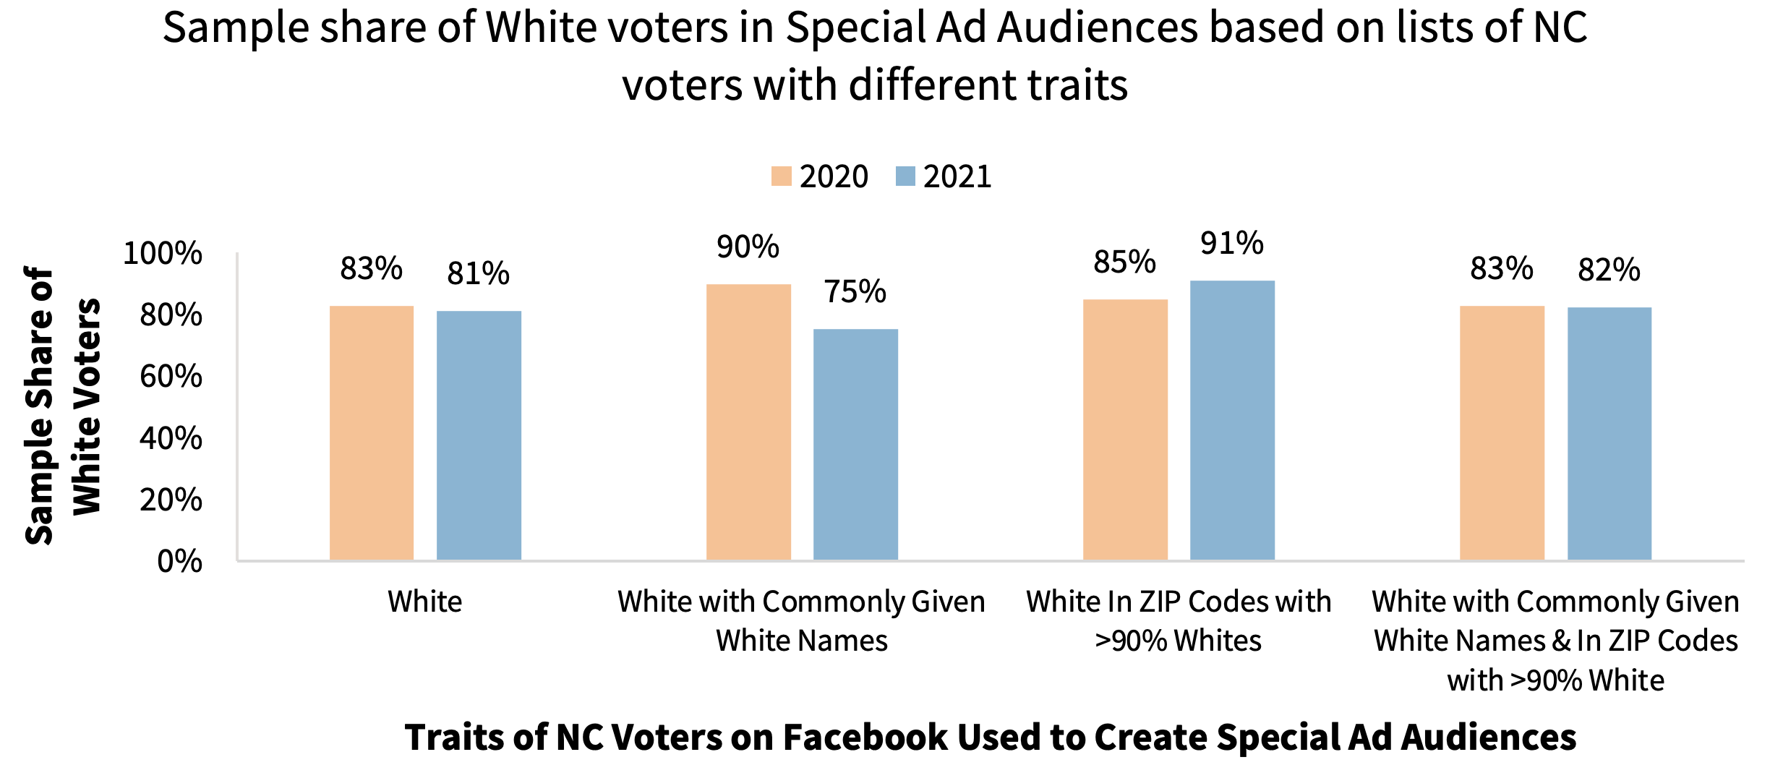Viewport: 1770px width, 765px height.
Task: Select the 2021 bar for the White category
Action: click(x=479, y=435)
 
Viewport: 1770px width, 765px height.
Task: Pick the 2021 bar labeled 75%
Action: click(x=855, y=444)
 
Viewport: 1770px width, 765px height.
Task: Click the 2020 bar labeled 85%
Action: click(x=1125, y=429)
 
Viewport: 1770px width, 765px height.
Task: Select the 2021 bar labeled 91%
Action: click(x=1232, y=420)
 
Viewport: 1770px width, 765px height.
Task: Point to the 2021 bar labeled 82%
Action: click(x=1609, y=433)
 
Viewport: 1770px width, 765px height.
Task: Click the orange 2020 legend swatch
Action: click(x=781, y=176)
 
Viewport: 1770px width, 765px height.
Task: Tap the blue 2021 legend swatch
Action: click(x=905, y=176)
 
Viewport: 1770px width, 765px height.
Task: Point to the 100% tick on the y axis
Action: click(x=163, y=253)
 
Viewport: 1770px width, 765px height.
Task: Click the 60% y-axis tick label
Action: click(x=171, y=376)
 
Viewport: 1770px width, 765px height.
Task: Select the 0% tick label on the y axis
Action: click(x=179, y=561)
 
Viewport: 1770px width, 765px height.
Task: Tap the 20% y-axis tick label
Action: click(x=171, y=500)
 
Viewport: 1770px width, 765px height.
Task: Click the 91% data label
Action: click(x=1232, y=243)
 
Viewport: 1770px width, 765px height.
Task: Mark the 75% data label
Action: click(x=855, y=291)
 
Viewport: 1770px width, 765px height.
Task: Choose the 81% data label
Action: click(x=478, y=273)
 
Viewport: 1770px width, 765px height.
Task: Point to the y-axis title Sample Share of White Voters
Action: click(x=63, y=405)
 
